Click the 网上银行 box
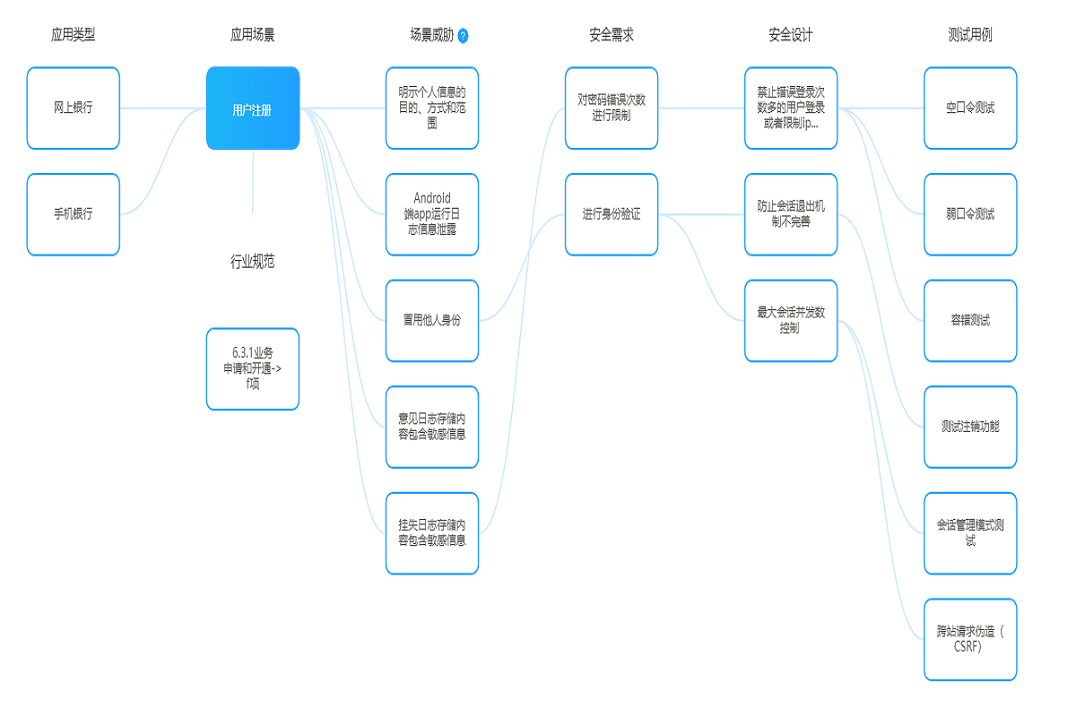point(74,108)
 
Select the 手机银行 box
point(74,214)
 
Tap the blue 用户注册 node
point(253,108)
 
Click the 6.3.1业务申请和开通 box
point(253,369)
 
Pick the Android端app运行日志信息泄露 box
point(432,214)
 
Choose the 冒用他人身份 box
point(432,321)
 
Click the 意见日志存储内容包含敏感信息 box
point(432,427)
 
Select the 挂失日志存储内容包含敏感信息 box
point(432,533)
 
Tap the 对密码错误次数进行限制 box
point(612,108)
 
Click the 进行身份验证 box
point(612,214)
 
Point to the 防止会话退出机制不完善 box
point(791,214)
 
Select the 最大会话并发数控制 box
point(791,321)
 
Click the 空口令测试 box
point(970,108)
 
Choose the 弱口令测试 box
point(970,214)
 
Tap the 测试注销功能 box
point(970,427)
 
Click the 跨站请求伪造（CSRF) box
point(970,639)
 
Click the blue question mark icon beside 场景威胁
point(463,36)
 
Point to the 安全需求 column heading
point(612,35)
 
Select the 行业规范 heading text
point(253,262)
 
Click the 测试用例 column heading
point(970,35)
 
